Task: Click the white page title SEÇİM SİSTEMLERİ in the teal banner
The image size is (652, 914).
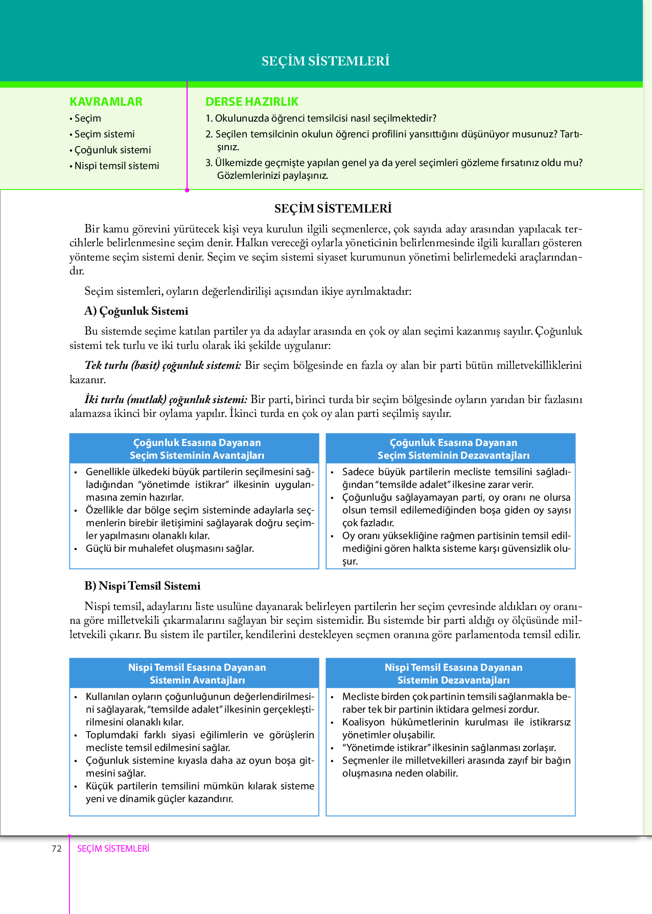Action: click(325, 61)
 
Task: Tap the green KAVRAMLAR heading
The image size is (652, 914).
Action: click(106, 102)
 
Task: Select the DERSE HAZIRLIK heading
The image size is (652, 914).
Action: click(252, 102)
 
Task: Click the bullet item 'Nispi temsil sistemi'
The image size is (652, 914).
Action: click(117, 166)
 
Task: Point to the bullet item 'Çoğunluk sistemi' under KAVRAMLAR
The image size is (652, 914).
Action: click(112, 150)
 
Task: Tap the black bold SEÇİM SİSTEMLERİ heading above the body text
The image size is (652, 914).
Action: click(333, 208)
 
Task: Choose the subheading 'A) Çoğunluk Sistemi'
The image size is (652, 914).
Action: click(136, 311)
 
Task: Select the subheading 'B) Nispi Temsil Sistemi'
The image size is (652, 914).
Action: click(143, 586)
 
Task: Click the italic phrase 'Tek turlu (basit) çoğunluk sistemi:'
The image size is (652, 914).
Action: click(163, 365)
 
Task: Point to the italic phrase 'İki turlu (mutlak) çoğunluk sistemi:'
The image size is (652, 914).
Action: click(166, 400)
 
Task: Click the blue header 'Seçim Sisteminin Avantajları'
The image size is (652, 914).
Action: click(197, 455)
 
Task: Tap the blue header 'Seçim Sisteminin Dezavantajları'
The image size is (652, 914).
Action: click(453, 455)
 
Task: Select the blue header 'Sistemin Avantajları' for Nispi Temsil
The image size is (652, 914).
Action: click(197, 680)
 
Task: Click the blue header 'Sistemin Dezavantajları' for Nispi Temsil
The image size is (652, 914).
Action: click(453, 680)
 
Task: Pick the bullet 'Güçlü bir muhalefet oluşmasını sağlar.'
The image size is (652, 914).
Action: click(170, 549)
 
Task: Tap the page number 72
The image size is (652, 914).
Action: click(57, 849)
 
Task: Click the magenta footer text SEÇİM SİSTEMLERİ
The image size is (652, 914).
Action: click(113, 849)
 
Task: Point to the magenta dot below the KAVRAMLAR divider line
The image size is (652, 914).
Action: click(187, 190)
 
